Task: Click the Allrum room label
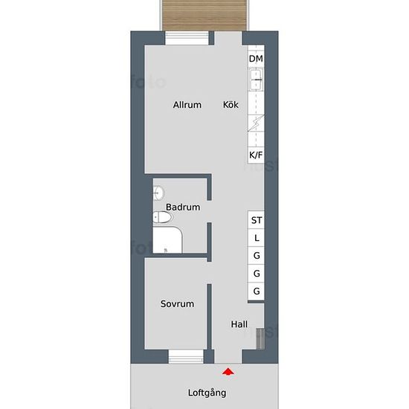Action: (187, 105)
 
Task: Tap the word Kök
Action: (231, 105)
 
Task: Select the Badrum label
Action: (183, 207)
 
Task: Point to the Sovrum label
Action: (177, 303)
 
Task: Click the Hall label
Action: (239, 324)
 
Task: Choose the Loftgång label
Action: (207, 393)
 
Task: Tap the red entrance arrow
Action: (228, 370)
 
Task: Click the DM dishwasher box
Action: (256, 59)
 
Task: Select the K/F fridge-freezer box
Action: (256, 155)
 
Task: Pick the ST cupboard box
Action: (257, 220)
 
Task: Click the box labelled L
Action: (257, 239)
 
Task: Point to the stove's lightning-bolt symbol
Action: (256, 123)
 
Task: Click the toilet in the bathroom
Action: (161, 218)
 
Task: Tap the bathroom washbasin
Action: (158, 193)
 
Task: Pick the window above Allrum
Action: (186, 39)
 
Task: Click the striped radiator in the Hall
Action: (259, 338)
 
